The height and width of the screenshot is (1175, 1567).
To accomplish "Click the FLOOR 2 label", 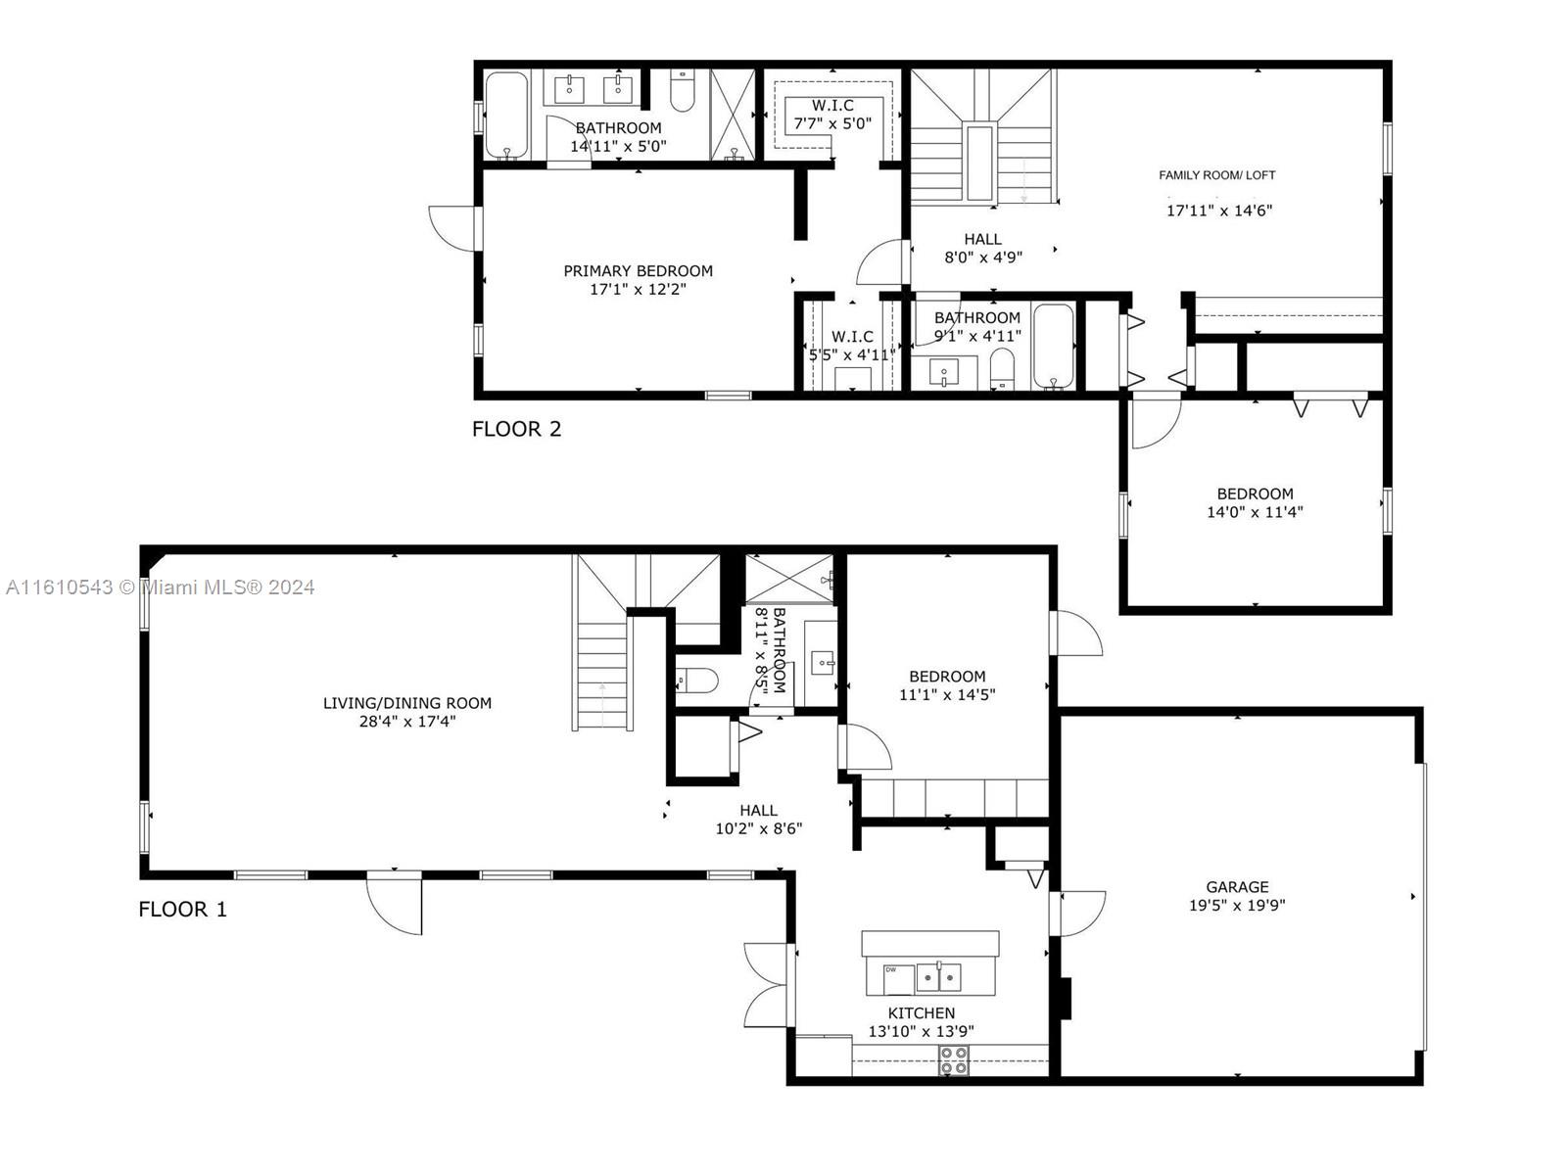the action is [516, 429].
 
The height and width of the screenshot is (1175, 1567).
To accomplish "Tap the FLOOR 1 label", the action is [182, 909].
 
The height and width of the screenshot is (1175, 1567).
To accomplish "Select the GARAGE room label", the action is [1237, 887].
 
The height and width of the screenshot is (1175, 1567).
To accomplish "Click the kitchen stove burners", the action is [954, 1060].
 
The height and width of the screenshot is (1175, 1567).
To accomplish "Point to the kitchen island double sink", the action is [939, 976].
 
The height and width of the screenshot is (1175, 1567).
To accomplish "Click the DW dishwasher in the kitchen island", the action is [898, 979].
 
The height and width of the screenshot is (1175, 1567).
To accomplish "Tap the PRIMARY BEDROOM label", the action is [638, 271].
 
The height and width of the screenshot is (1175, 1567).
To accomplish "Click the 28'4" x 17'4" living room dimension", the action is [406, 722].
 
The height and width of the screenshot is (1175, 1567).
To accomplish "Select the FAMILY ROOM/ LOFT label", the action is [1216, 175].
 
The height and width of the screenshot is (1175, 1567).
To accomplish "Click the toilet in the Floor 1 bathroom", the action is [696, 680].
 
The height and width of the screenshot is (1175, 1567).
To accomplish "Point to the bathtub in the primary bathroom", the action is [506, 116].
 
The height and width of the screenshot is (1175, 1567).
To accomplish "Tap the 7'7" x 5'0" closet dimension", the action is [832, 123].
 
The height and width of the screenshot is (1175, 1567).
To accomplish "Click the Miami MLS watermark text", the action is [160, 587].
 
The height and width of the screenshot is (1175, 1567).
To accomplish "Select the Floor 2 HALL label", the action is [982, 239].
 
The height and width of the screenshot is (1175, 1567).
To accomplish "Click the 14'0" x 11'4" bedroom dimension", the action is [1255, 511].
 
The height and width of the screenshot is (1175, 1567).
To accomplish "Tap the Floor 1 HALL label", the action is [758, 811].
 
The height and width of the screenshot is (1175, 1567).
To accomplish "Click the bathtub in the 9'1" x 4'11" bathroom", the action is [1054, 347].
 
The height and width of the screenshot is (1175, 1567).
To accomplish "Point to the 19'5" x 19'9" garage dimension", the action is [1237, 906].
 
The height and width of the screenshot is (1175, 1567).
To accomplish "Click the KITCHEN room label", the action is [921, 1013].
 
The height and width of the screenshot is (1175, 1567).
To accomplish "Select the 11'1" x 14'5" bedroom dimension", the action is [947, 694].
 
